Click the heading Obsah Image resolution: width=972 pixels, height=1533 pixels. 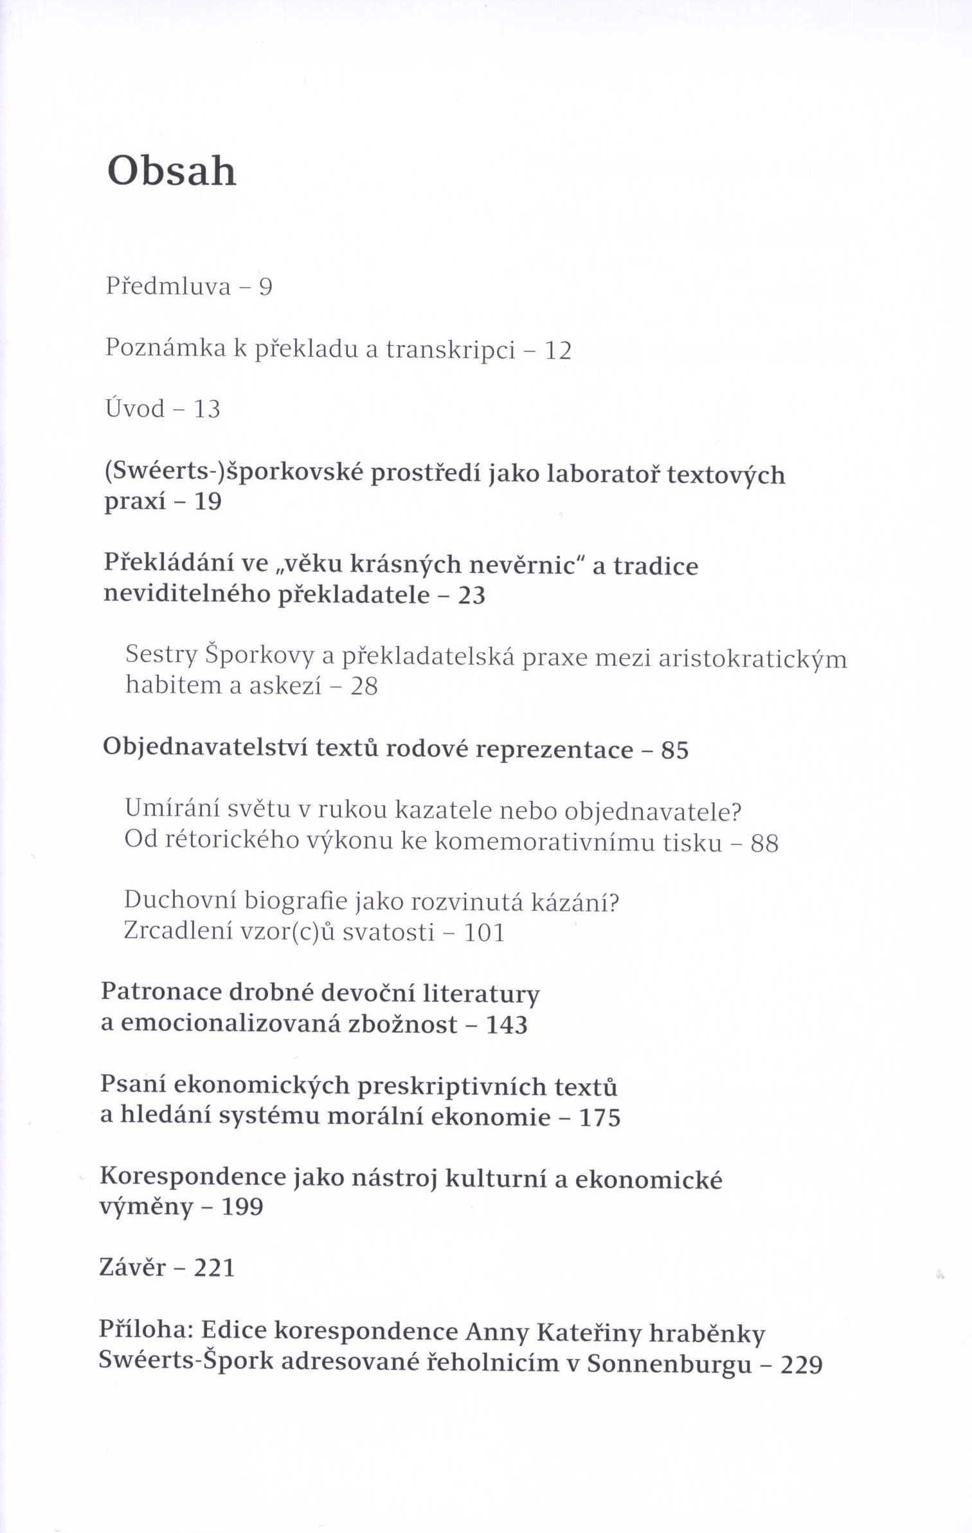[172, 172]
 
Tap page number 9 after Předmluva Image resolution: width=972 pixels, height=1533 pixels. [265, 287]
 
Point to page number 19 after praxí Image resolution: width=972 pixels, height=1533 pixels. [208, 502]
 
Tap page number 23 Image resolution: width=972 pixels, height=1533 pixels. [471, 595]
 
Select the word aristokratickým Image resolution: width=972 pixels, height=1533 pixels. [752, 659]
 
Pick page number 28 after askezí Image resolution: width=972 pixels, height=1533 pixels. [364, 686]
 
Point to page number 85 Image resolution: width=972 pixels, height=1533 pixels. [674, 750]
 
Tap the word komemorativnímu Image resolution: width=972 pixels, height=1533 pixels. [578, 842]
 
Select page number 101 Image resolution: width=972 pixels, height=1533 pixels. [484, 932]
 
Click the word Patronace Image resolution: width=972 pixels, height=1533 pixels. [161, 992]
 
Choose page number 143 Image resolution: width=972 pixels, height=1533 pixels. [507, 1025]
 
